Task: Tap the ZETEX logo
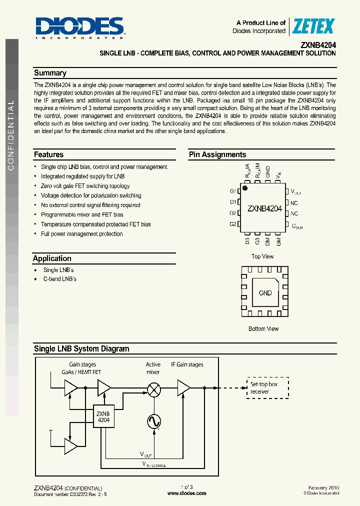tap(312, 26)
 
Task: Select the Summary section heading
tap(50, 73)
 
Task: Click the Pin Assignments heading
tap(217, 154)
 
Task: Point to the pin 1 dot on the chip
tap(245, 188)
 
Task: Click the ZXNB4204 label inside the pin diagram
tap(264, 208)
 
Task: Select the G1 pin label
tap(233, 191)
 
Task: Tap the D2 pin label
tap(233, 213)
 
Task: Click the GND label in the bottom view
tap(265, 293)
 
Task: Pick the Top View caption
tap(262, 256)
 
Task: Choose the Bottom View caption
tap(263, 329)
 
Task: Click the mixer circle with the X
tap(154, 387)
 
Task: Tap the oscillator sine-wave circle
tap(154, 421)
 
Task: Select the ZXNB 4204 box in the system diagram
tap(103, 417)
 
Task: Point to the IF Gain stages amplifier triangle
tap(183, 387)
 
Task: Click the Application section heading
tap(52, 258)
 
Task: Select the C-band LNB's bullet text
tap(59, 279)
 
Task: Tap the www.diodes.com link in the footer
tap(186, 493)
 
